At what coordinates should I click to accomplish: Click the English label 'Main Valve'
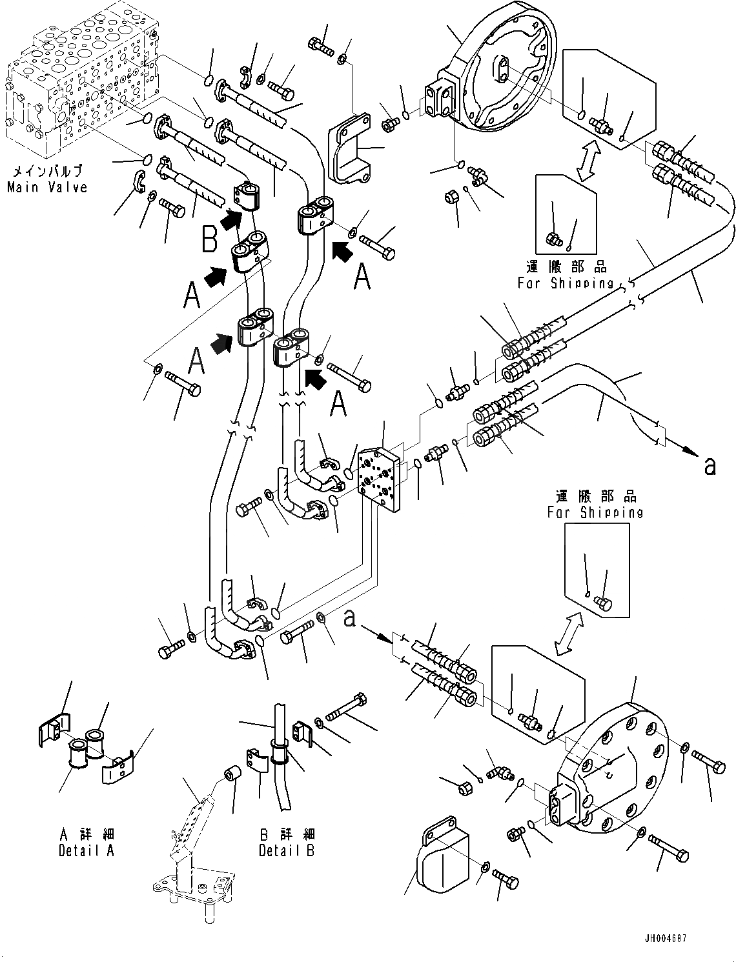click(47, 187)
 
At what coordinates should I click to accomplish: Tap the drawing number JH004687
click(665, 938)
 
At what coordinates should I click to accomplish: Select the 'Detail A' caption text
click(87, 850)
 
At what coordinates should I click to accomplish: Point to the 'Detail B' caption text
click(287, 850)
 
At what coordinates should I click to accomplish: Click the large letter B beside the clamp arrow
click(209, 238)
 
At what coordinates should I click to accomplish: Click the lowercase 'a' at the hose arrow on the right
click(710, 466)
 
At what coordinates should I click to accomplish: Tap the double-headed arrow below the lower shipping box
click(569, 635)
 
